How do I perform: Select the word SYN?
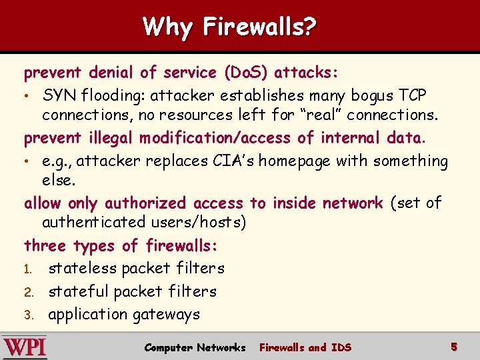(x=59, y=95)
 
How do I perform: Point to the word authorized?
(x=147, y=203)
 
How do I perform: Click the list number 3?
(x=29, y=315)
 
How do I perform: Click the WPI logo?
(x=25, y=347)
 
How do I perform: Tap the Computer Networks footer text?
(x=195, y=347)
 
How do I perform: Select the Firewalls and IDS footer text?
(x=305, y=347)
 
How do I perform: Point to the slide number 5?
(x=453, y=347)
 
